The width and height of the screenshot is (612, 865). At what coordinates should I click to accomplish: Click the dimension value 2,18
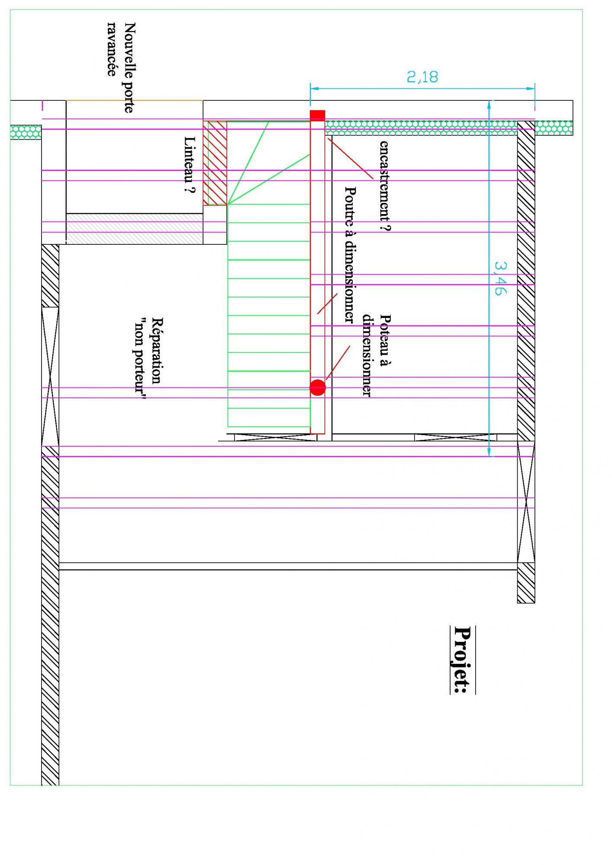pyautogui.click(x=422, y=77)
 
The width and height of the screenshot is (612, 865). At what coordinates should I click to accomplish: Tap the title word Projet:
pyautogui.click(x=462, y=660)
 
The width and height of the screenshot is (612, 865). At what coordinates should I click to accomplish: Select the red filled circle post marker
pyautogui.click(x=317, y=388)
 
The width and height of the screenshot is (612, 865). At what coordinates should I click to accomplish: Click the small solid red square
pyautogui.click(x=317, y=115)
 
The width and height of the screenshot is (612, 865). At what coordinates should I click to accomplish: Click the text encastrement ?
pyautogui.click(x=384, y=186)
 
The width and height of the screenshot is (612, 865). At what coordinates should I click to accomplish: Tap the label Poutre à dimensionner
pyautogui.click(x=350, y=255)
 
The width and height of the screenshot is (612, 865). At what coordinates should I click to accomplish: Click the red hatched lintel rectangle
pyautogui.click(x=215, y=163)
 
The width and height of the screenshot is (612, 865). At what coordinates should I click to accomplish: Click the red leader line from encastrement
pyautogui.click(x=350, y=158)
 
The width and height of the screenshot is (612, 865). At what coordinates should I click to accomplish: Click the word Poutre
pyautogui.click(x=350, y=203)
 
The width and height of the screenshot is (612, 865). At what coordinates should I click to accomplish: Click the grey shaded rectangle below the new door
pyautogui.click(x=134, y=228)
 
